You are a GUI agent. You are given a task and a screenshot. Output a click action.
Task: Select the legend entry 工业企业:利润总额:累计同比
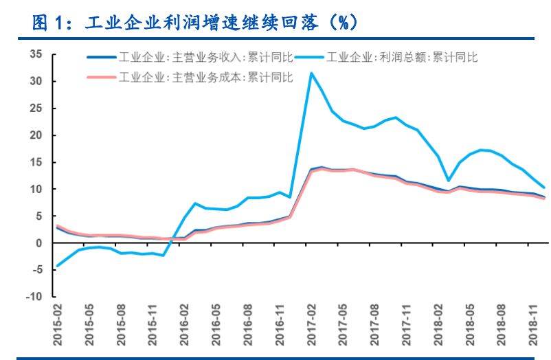click(x=401, y=58)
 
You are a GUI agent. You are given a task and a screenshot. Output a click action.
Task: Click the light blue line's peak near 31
click(x=311, y=73)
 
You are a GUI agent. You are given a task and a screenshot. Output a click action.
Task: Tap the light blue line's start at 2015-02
click(x=56, y=266)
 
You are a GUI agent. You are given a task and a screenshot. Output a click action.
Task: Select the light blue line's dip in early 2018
click(x=449, y=181)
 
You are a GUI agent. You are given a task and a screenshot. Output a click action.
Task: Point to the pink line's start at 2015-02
click(x=56, y=225)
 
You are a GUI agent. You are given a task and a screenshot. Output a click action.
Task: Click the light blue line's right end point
click(x=545, y=187)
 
